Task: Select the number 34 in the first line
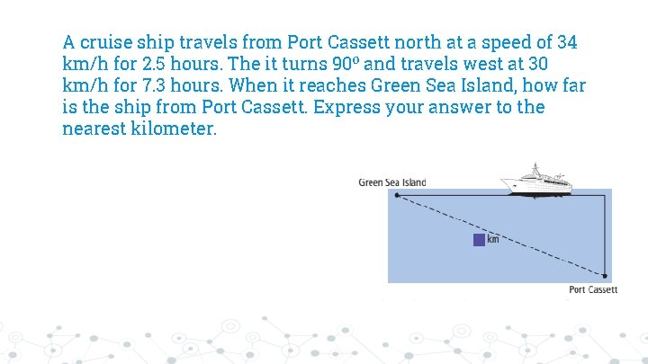click(x=567, y=42)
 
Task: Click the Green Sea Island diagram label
click(x=392, y=182)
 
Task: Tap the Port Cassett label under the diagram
click(x=593, y=289)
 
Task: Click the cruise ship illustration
click(x=536, y=179)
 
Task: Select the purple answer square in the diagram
click(x=479, y=239)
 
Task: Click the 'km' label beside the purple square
click(x=493, y=239)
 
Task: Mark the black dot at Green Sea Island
click(x=397, y=195)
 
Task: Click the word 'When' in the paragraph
click(x=256, y=85)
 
